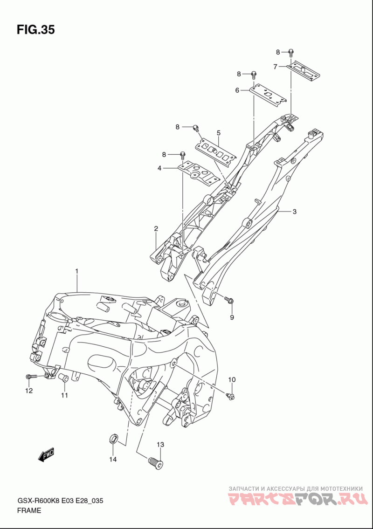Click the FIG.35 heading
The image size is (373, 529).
35,30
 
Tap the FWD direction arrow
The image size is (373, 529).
46,455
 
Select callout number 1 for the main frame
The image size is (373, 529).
77,271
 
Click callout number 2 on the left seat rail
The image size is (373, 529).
156,229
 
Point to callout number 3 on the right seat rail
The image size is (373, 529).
294,212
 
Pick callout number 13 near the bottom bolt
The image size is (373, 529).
160,445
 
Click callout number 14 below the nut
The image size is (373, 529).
113,459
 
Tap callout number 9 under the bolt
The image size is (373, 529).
232,317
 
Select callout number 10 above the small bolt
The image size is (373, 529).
232,379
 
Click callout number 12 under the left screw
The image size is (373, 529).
29,391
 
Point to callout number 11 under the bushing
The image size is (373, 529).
64,395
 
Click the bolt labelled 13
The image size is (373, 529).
156,462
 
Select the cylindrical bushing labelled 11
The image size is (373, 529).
64,378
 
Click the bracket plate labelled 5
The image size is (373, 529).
216,151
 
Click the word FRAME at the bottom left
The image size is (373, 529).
29,510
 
